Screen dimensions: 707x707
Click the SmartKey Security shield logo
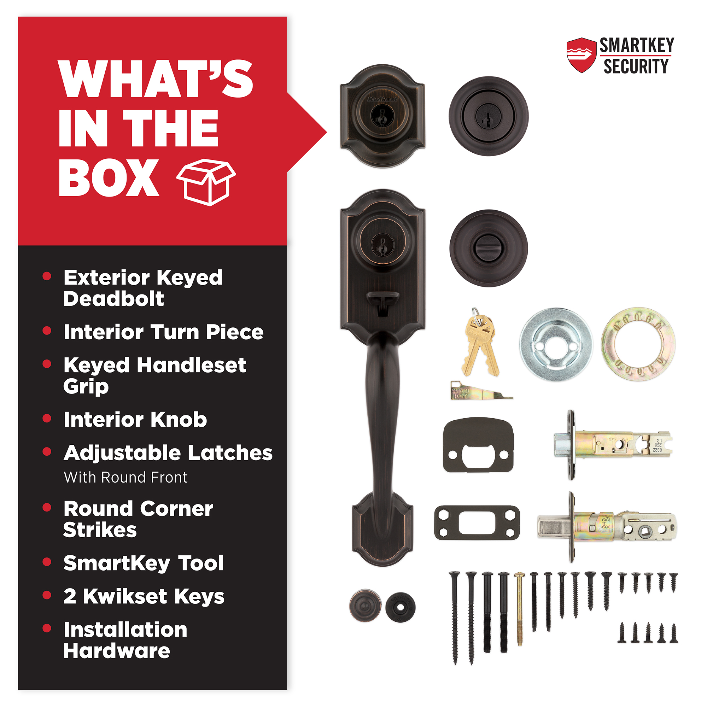[x=582, y=55]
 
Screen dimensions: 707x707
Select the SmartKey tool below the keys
[x=480, y=391]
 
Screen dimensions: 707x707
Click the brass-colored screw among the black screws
[x=519, y=609]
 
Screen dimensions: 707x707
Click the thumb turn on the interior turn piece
[x=489, y=249]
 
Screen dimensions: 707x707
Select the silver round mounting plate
[x=556, y=344]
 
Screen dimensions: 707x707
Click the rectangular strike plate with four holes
[x=477, y=522]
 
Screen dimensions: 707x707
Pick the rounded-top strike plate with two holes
[x=478, y=445]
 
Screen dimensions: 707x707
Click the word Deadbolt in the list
[x=113, y=299]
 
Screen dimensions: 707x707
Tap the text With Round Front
[x=125, y=477]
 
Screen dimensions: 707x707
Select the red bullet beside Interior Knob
[x=46, y=418]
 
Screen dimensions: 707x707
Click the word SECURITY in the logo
[x=636, y=66]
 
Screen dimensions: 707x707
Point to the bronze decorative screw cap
[x=365, y=606]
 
